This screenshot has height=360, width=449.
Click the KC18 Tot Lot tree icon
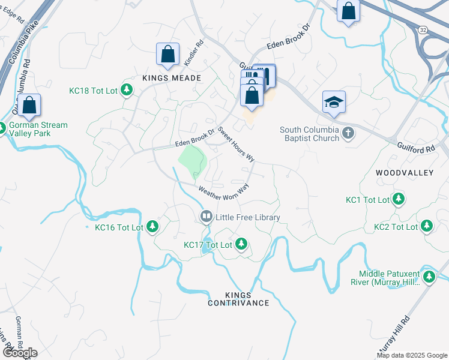[126, 90]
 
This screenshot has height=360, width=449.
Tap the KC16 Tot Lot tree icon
[153, 226]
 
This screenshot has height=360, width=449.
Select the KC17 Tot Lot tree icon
[241, 244]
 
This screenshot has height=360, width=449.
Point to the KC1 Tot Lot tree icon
[398, 199]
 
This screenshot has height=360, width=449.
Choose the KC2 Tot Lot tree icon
[426, 226]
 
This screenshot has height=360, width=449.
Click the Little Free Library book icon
[206, 216]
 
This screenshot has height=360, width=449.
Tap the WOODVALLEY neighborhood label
[404, 172]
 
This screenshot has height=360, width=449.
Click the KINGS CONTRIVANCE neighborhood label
[238, 299]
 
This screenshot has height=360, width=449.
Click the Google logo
[20, 353]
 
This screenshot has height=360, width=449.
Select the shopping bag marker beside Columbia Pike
[29, 106]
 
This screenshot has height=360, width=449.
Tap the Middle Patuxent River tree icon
[429, 276]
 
